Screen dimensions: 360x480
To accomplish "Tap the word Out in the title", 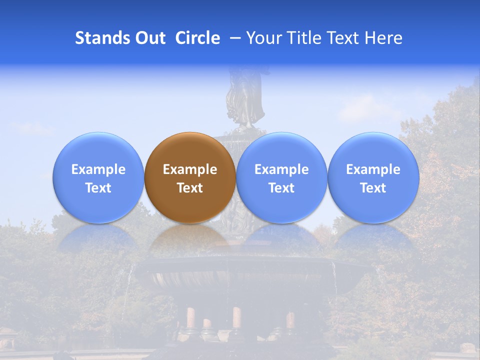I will coord(149,38).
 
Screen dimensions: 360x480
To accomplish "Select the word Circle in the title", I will coord(197,38).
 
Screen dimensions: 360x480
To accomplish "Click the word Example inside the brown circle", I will coord(190,169).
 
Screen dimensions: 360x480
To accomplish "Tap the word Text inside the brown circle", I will coord(190,188).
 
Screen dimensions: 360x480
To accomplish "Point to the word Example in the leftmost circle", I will coord(98,169).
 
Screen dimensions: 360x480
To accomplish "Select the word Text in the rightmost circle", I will coord(373,188).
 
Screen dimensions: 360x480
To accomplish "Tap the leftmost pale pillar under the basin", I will coord(190,318).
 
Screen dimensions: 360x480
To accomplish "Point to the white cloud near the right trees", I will coord(365,107).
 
